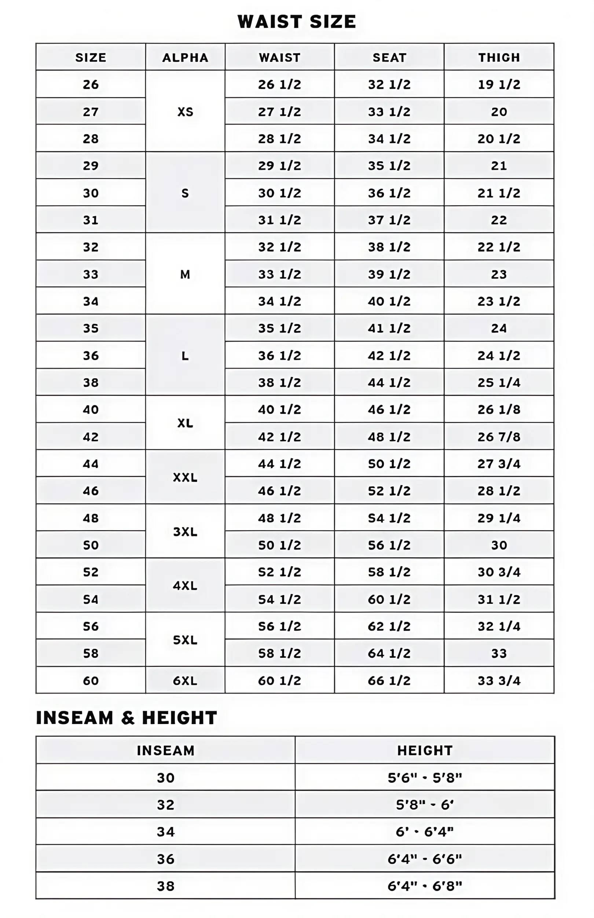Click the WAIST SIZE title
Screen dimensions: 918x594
[x=297, y=22]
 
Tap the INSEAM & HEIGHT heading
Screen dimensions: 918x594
[x=126, y=718]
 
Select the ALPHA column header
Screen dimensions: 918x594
[x=185, y=58]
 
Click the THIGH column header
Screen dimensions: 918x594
[x=499, y=58]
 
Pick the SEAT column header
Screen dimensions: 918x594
[x=389, y=58]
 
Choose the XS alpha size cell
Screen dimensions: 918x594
[x=185, y=112]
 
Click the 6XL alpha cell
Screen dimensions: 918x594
[x=185, y=680]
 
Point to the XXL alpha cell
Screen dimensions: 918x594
[x=185, y=477]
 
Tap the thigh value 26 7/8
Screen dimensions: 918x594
[x=499, y=437]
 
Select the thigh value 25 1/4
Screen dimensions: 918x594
[x=499, y=382]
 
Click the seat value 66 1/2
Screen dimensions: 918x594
[x=389, y=680]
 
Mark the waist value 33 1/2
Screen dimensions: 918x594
[x=280, y=274]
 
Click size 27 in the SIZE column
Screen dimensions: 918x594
[x=91, y=112]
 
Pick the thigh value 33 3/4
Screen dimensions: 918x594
[x=499, y=680]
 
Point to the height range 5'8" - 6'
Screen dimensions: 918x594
[x=425, y=805]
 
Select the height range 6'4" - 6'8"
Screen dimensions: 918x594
[x=425, y=886]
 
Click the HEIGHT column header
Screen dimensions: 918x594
[x=425, y=750]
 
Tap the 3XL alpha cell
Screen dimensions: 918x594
[x=185, y=532]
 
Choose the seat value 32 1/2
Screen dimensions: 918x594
[x=389, y=84]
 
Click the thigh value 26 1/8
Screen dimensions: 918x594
[x=499, y=410]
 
